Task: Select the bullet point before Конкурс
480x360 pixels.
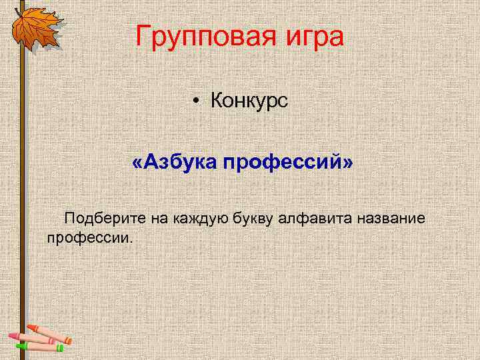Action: click(198, 102)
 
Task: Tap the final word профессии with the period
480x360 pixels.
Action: click(91, 237)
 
